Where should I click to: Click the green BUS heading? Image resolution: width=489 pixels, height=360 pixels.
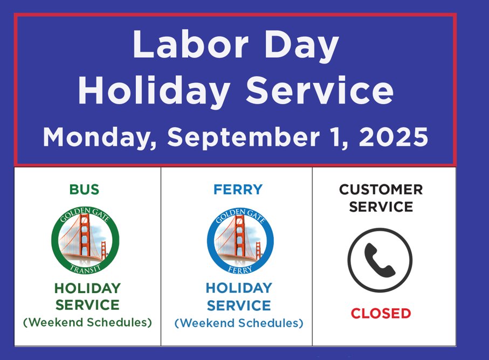[84, 190]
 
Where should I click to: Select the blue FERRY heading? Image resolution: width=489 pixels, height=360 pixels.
[238, 190]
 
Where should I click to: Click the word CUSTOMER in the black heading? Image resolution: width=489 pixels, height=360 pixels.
[381, 190]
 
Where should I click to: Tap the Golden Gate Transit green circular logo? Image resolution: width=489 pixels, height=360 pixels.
[85, 240]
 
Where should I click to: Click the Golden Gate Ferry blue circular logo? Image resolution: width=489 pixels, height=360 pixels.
[239, 240]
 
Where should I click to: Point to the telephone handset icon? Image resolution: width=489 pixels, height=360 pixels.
[380, 259]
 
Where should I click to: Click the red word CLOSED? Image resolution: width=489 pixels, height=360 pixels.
[381, 313]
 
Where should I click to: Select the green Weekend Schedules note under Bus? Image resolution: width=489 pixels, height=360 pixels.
[87, 322]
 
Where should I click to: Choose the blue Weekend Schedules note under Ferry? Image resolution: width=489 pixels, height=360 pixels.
[239, 323]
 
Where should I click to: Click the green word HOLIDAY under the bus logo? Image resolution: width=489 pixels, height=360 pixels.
[87, 288]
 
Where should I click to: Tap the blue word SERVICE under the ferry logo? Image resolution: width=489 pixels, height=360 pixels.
[239, 306]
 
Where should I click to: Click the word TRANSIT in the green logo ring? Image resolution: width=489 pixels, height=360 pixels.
[85, 267]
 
